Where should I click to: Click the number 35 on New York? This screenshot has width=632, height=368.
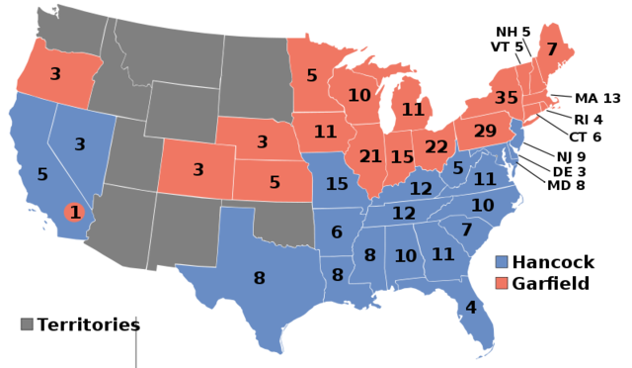coord(506,98)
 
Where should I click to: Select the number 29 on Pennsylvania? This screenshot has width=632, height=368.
coord(485,131)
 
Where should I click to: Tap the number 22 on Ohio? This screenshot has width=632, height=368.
coord(436,146)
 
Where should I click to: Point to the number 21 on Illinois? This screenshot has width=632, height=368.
coord(370,156)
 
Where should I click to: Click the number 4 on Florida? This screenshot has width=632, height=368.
coord(470,308)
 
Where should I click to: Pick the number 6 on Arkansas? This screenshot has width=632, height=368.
coord(337,232)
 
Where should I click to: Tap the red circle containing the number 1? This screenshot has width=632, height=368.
coord(74,212)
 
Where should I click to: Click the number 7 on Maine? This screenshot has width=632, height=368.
coord(551,49)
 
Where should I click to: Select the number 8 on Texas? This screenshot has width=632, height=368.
coord(259,279)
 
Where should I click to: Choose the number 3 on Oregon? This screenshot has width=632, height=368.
coord(55,74)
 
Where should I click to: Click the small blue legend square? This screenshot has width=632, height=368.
coord(502,262)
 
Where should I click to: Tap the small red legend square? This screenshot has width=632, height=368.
coord(502,283)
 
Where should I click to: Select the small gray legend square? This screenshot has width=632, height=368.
coord(27,323)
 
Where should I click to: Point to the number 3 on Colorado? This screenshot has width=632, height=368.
coord(197,170)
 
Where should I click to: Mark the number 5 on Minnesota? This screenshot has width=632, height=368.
coord(312,75)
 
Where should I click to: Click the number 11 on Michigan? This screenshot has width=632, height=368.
coord(412,110)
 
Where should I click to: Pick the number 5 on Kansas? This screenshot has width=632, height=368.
coord(275,183)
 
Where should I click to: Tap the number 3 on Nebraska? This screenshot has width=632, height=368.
coord(262,142)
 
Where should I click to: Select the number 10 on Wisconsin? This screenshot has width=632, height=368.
coord(359,96)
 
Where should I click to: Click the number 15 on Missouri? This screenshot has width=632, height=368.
coord(337,184)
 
